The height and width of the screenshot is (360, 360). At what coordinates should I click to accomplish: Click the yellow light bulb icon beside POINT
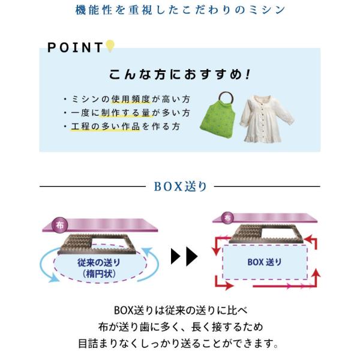tap(110, 46)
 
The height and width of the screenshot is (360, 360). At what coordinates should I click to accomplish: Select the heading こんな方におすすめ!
tap(179, 76)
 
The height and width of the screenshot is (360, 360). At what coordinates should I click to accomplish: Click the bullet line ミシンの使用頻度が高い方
tap(127, 99)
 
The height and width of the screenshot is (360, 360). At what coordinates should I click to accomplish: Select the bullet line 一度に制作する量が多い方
tap(127, 113)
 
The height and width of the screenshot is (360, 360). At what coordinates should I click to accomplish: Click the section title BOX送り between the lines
tap(180, 187)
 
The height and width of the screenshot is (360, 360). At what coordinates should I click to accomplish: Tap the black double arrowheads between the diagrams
tap(184, 256)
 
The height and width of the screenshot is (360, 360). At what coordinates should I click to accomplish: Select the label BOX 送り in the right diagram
tap(265, 262)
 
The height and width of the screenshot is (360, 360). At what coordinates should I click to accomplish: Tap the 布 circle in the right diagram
tap(226, 218)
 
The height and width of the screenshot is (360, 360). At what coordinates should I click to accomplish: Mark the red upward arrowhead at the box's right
tap(316, 273)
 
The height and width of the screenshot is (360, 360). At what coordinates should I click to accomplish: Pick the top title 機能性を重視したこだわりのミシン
tap(180, 10)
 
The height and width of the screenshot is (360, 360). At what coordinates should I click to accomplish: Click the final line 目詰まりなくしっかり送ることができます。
tap(180, 344)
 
